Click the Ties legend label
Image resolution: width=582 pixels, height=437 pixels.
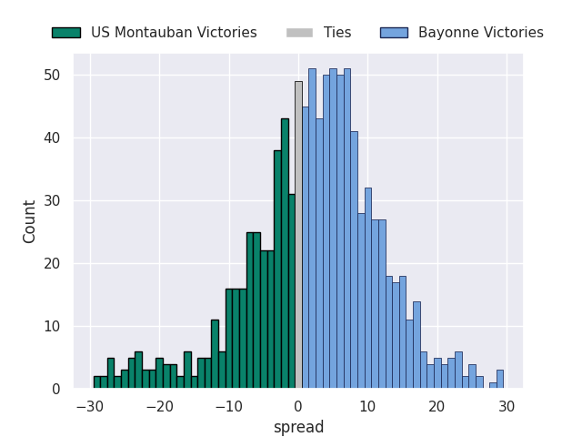[x=337, y=33]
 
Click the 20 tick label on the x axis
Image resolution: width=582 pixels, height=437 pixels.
[x=437, y=406]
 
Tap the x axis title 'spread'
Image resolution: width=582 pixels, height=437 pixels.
[x=298, y=427]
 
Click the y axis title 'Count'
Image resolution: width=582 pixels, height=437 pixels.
[x=30, y=221]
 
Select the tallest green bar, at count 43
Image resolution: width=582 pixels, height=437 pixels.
[x=285, y=254]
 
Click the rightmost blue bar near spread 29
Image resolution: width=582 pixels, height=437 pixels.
[x=499, y=379]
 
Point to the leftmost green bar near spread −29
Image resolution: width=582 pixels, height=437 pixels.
[x=96, y=382]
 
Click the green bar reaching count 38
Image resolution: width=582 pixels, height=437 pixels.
[x=277, y=269]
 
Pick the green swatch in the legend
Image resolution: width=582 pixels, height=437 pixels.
[x=66, y=33]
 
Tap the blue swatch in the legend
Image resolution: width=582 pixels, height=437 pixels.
[x=394, y=33]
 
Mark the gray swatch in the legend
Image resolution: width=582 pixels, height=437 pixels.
[x=299, y=33]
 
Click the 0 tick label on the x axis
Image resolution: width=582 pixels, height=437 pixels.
[x=298, y=406]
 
